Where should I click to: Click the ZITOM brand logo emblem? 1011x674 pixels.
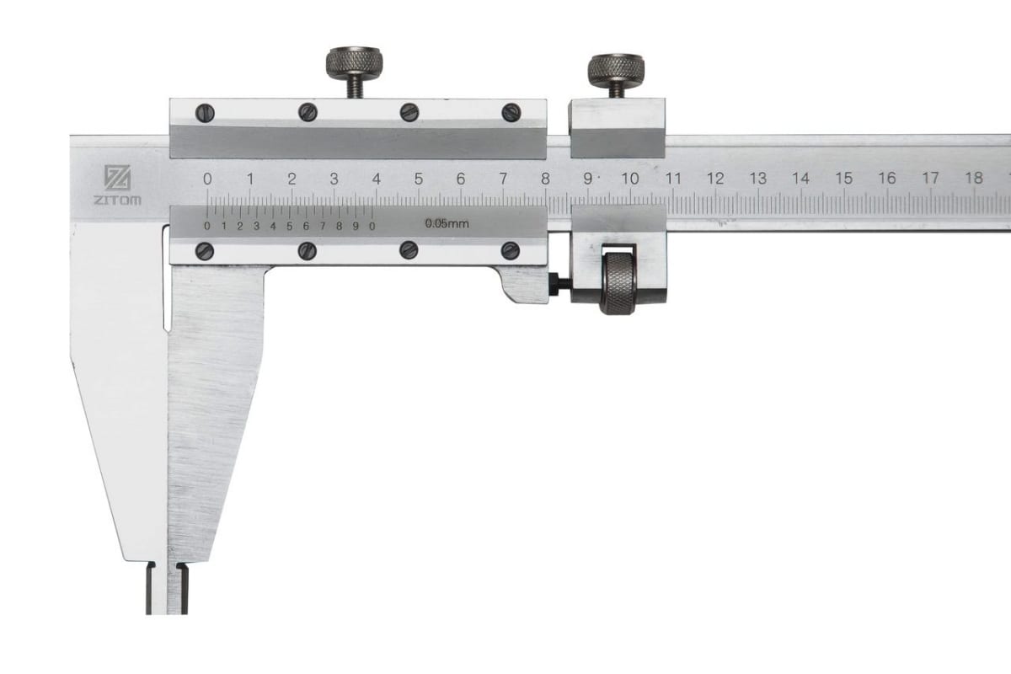point(118,177)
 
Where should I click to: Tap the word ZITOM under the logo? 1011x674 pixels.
point(117,200)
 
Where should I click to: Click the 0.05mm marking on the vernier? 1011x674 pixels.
point(447,223)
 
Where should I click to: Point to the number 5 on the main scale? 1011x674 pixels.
point(419,179)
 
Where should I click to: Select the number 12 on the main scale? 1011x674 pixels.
point(715,179)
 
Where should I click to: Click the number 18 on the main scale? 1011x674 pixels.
point(974,178)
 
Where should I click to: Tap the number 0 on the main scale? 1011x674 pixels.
point(207,179)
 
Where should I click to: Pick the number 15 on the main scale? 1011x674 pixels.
point(843,179)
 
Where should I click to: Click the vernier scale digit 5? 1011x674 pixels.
point(289,226)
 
